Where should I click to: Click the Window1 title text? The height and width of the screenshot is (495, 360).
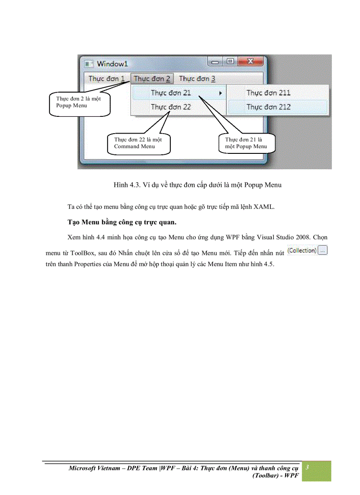[112, 64]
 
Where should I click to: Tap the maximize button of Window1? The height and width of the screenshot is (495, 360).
[229, 62]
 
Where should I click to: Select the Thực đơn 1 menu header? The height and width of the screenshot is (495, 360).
[106, 79]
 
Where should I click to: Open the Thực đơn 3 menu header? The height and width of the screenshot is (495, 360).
[197, 79]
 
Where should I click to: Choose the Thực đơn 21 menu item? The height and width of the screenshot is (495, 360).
[171, 93]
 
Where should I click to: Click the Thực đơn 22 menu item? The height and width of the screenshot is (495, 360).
[171, 107]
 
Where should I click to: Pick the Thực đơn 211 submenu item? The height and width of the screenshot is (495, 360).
[268, 93]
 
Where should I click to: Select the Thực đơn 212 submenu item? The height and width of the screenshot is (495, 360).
[268, 107]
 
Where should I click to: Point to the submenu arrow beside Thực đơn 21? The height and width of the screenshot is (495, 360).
[220, 93]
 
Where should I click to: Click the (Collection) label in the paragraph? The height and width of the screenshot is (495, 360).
[302, 250]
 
